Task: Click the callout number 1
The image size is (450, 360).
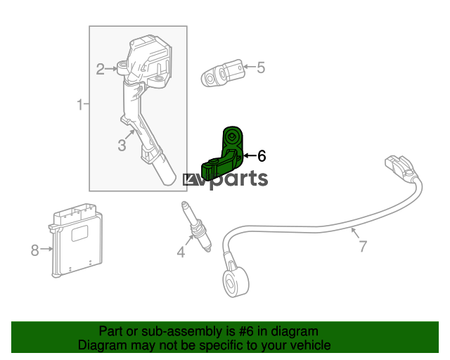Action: point(80,105)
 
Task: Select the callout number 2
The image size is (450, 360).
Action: point(100,69)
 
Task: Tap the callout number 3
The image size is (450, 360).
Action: point(122,146)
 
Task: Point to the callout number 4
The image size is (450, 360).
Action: point(181,252)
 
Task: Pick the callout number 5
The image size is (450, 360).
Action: point(261,67)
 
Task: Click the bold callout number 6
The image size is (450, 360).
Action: point(262,156)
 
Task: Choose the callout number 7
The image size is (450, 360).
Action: point(363,246)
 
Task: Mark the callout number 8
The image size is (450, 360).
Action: point(34,250)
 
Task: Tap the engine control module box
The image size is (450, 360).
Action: point(76,240)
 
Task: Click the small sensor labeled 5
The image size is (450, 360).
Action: point(223,74)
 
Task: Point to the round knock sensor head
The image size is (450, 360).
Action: point(236,281)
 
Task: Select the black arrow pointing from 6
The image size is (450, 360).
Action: point(250,156)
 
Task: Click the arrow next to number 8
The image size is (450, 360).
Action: point(46,249)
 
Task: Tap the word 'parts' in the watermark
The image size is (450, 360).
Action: point(239,179)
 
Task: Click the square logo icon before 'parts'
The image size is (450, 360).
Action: point(190,180)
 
